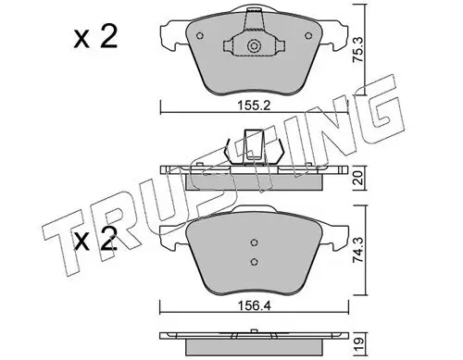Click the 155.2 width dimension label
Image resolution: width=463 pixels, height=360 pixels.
tap(254, 106)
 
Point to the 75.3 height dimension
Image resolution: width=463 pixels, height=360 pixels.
tap(358, 50)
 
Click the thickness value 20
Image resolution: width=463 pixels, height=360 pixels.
tap(359, 178)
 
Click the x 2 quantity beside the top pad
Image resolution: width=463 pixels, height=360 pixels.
tap(95, 37)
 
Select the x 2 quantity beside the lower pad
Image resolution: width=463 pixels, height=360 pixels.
tap(95, 239)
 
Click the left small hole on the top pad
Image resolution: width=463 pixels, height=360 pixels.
tap(200, 36)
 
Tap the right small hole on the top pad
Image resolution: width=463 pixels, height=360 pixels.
tap(308, 36)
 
